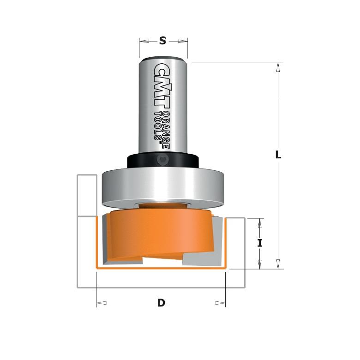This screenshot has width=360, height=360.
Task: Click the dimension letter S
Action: point(162,41)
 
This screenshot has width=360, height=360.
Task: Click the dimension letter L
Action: point(278,155)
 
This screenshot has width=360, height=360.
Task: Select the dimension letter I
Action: point(260,243)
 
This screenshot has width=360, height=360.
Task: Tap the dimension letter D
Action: point(161,303)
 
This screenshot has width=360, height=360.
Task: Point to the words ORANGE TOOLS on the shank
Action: point(161,125)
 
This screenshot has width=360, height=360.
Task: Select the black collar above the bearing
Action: point(138,161)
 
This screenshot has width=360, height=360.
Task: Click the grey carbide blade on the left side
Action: point(106,235)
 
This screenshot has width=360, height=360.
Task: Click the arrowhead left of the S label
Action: point(144,41)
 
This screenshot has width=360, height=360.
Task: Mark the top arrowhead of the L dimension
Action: point(278,67)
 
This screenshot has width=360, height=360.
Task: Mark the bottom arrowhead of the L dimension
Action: point(278,264)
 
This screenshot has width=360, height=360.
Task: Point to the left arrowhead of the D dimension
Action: point(102,303)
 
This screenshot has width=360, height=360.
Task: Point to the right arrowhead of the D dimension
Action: point(221,303)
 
